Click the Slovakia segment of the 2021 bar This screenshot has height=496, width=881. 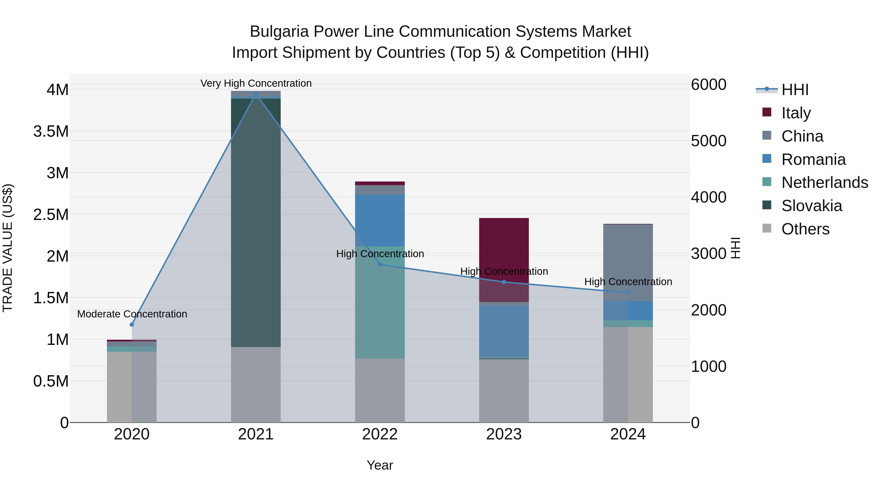(x=255, y=222)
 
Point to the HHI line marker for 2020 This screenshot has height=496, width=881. (x=132, y=325)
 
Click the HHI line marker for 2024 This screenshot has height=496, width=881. (x=628, y=293)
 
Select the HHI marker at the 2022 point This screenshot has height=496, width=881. (x=380, y=264)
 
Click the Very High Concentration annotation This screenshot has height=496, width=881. (x=256, y=83)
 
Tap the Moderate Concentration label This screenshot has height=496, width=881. (x=132, y=314)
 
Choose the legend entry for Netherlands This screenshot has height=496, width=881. (x=824, y=182)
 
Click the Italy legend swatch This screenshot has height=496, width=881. (x=767, y=112)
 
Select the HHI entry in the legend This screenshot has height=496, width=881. (x=794, y=90)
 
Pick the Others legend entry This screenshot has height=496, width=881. (x=805, y=229)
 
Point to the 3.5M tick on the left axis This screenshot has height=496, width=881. (x=51, y=132)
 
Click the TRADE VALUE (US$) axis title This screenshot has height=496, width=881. (x=8, y=248)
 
